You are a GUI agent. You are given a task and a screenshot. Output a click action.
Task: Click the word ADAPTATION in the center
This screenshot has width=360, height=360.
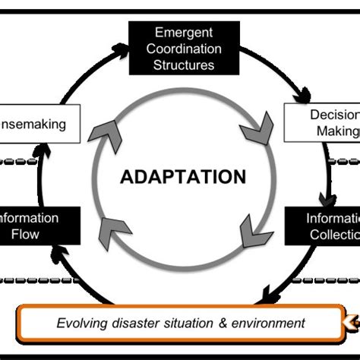(x=183, y=177)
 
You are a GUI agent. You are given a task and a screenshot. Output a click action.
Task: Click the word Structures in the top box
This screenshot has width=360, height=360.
(x=184, y=65)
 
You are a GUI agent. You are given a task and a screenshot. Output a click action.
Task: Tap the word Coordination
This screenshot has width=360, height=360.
(x=184, y=49)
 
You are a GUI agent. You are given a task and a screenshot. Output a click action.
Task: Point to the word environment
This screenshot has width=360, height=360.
(x=269, y=324)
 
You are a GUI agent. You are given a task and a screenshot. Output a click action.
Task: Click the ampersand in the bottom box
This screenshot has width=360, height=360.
(x=224, y=324)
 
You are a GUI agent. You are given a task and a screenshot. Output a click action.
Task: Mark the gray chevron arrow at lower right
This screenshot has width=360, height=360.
(x=252, y=232)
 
